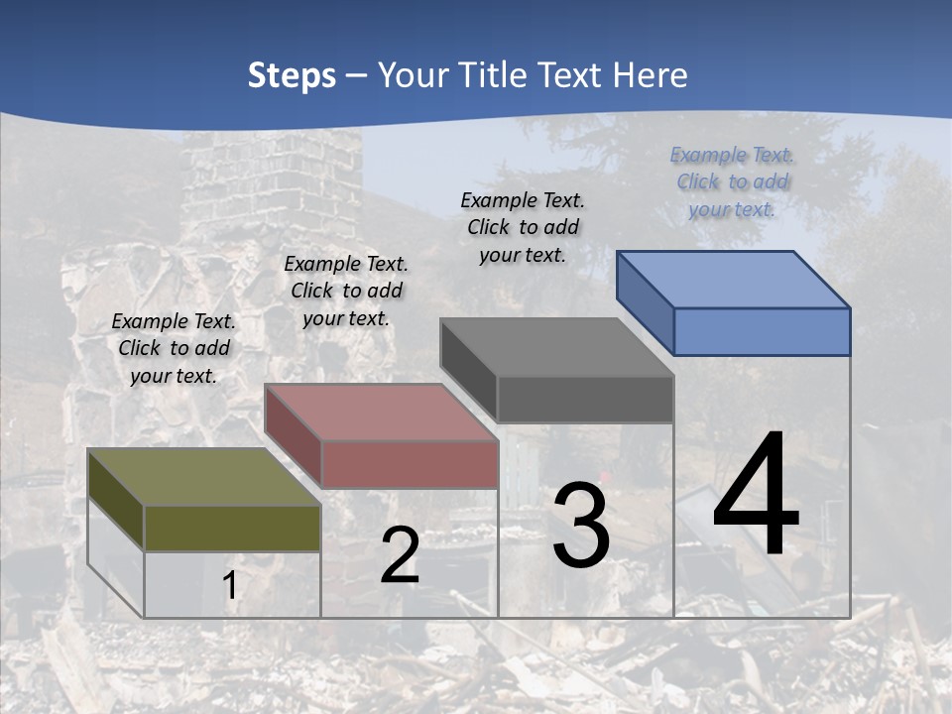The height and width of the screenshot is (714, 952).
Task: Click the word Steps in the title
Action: click(x=292, y=75)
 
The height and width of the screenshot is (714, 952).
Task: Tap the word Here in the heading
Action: click(x=651, y=75)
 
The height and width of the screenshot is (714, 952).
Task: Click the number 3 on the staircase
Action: click(x=580, y=526)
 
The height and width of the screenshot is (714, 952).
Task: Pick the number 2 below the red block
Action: click(x=400, y=555)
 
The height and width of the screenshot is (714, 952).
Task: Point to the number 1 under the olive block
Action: click(x=230, y=586)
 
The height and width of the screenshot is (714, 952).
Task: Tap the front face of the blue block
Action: click(x=762, y=331)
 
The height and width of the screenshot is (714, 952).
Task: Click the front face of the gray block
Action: click(x=585, y=399)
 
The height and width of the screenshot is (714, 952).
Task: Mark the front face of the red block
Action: click(x=410, y=464)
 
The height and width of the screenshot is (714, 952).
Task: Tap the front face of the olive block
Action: click(x=232, y=528)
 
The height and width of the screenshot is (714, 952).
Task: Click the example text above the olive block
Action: click(x=174, y=348)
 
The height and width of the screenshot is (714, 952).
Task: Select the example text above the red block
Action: click(x=346, y=291)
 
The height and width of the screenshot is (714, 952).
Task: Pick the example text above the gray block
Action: click(x=523, y=227)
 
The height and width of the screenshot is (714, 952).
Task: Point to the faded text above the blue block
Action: click(x=732, y=181)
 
